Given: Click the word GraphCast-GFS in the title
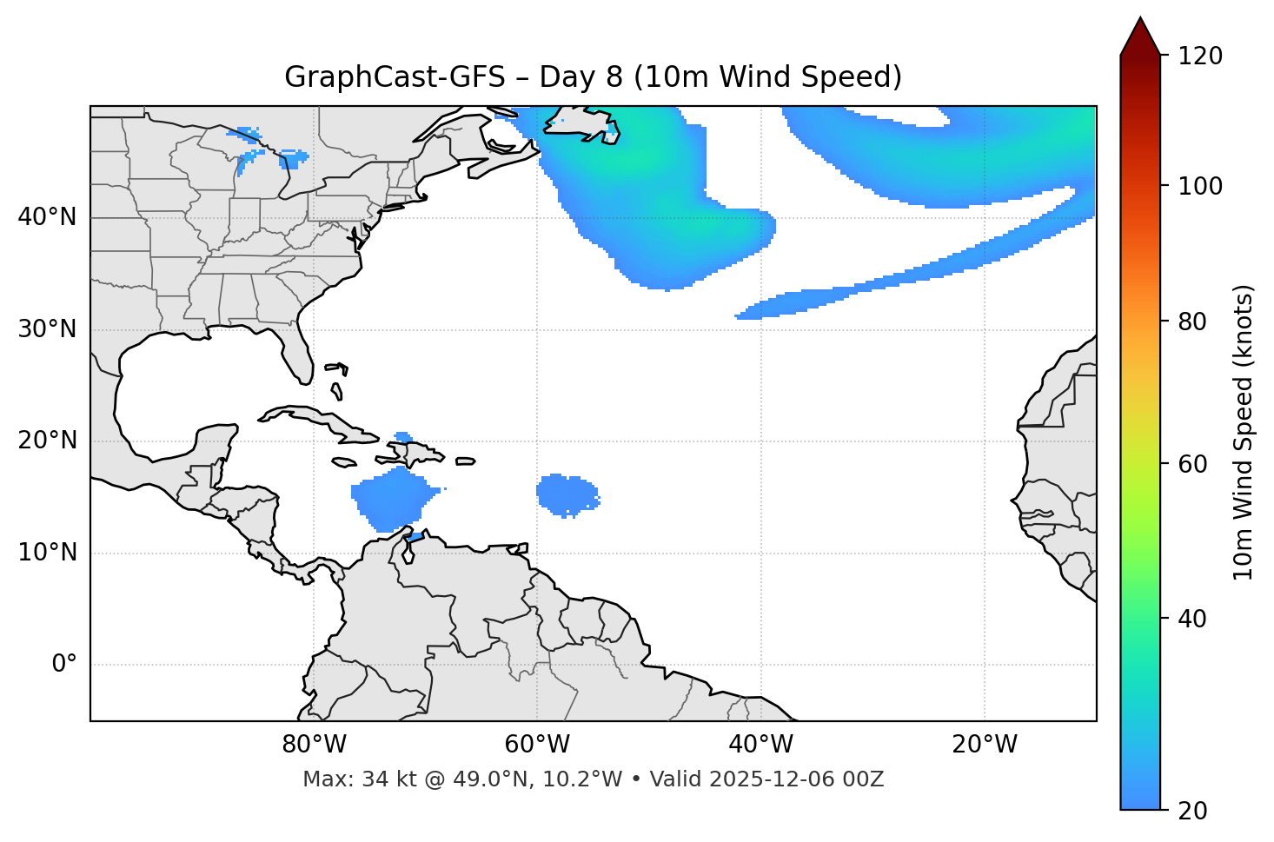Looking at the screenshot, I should click(x=395, y=77).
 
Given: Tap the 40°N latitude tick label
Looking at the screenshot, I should click(x=47, y=217).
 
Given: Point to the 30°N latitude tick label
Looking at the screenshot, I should click(x=47, y=329).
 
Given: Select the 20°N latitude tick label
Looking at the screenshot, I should click(x=47, y=441).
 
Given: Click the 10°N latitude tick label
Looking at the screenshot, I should click(x=47, y=553).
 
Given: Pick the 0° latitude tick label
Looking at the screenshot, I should click(x=63, y=665).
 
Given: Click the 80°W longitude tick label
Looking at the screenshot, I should click(x=314, y=745).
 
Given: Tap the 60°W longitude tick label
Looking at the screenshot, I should click(x=537, y=745).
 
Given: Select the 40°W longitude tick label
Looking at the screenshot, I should click(x=760, y=745).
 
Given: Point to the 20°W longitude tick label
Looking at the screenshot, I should click(x=985, y=745).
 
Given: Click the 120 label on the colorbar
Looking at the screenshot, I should click(x=1200, y=56).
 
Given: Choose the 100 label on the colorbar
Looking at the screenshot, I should click(x=1200, y=186).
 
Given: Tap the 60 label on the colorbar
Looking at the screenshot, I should click(x=1193, y=464).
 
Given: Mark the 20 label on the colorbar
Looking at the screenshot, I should click(x=1193, y=811).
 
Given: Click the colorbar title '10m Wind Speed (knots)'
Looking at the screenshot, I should click(x=1244, y=432).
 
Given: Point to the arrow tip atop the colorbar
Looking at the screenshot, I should click(x=1139, y=19).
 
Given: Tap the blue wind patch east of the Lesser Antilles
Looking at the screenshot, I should click(x=566, y=495).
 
